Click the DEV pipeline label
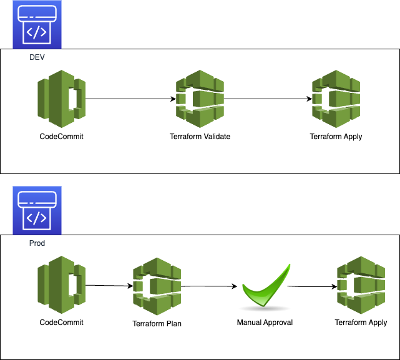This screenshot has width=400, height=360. tap(37, 57)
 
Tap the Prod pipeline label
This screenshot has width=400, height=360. tap(37, 243)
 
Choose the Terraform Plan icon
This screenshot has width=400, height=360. tap(157, 286)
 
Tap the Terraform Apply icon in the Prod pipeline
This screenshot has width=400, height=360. tap(361, 286)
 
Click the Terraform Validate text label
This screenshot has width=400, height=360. tap(200, 137)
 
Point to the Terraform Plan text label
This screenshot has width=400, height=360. tap(157, 324)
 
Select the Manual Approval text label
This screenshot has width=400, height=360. tap(265, 323)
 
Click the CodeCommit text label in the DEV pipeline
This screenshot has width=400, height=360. tap(61, 137)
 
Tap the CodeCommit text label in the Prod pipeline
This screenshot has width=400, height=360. tap(61, 323)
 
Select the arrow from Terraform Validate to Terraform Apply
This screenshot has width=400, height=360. tap(267, 99)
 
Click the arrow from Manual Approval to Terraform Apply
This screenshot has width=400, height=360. tap(312, 287)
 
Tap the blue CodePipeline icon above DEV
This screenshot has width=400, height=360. tap(38, 24)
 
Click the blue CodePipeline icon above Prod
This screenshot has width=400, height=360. tap(38, 210)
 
